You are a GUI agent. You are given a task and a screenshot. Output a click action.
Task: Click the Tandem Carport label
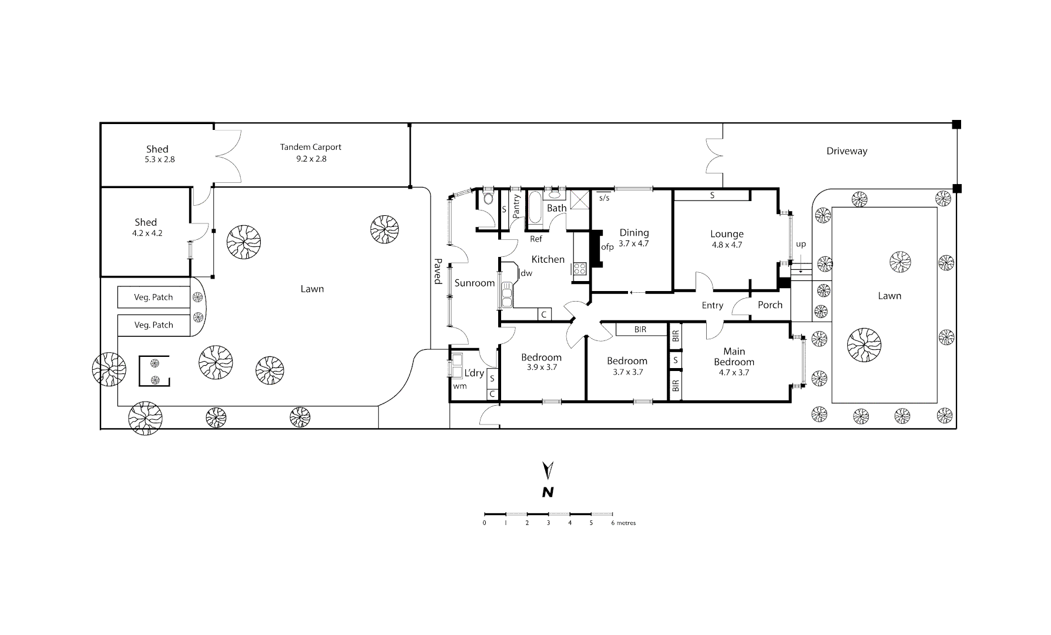click(x=310, y=147)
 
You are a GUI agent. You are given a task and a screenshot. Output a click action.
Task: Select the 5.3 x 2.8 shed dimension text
click(x=159, y=159)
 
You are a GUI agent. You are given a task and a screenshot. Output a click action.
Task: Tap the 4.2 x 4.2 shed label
click(x=147, y=233)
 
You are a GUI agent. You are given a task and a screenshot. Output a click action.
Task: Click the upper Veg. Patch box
click(x=153, y=297)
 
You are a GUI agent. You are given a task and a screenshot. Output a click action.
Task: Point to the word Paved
click(x=437, y=271)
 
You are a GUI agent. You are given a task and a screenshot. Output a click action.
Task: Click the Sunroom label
click(x=474, y=283)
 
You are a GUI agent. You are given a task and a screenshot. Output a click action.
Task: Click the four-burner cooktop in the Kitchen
click(x=579, y=269)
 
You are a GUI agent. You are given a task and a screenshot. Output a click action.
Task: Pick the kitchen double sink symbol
click(x=506, y=295)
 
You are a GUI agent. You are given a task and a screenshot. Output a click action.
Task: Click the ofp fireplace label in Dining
click(x=607, y=247)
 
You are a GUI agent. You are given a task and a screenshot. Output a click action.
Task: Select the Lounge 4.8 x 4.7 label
click(x=727, y=239)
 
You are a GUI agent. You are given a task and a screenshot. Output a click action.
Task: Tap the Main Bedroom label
click(x=734, y=356)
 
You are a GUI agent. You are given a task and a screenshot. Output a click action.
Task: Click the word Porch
click(x=770, y=305)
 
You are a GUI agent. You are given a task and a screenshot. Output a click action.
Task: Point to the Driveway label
click(x=847, y=151)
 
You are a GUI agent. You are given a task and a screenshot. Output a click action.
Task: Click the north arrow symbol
click(x=548, y=471)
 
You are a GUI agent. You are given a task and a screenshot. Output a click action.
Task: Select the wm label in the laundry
click(x=459, y=386)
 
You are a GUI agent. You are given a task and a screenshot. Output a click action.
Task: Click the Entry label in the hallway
click(x=712, y=305)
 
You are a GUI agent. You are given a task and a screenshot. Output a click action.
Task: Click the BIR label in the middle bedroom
click(x=640, y=330)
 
